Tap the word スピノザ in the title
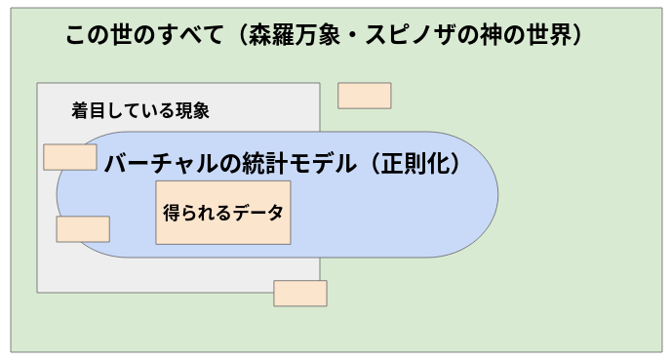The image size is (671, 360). [x=402, y=35]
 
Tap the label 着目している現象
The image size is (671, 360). [x=140, y=110]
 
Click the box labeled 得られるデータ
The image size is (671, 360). [x=223, y=212]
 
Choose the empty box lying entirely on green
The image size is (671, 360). [x=365, y=96]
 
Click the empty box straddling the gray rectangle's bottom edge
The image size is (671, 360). [x=300, y=293]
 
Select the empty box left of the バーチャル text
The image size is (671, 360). [x=70, y=156]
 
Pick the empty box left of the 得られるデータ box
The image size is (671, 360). [x=83, y=229]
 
